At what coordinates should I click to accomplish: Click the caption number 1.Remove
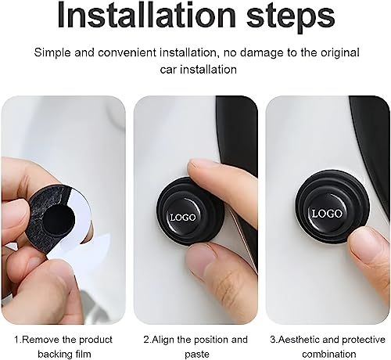pos(32,339)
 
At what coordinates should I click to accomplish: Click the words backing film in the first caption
pos(63,353)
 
